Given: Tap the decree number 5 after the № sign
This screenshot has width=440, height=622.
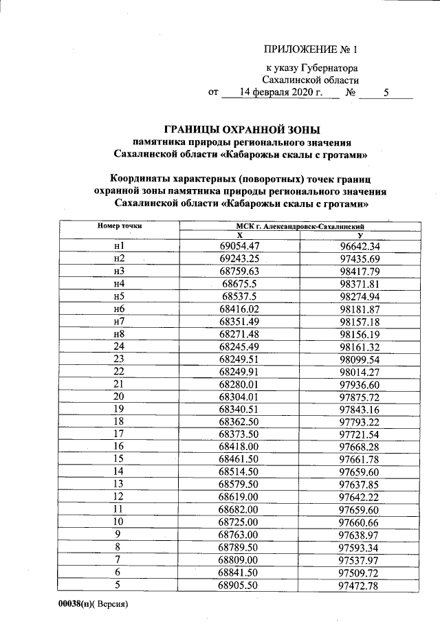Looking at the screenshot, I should (386, 92).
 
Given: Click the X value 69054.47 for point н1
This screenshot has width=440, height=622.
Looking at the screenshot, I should (239, 245).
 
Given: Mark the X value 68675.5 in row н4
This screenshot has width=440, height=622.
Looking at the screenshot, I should (239, 283).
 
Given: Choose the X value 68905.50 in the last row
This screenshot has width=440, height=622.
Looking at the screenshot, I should (239, 585).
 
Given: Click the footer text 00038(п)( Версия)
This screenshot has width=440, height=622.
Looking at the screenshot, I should (93, 606).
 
